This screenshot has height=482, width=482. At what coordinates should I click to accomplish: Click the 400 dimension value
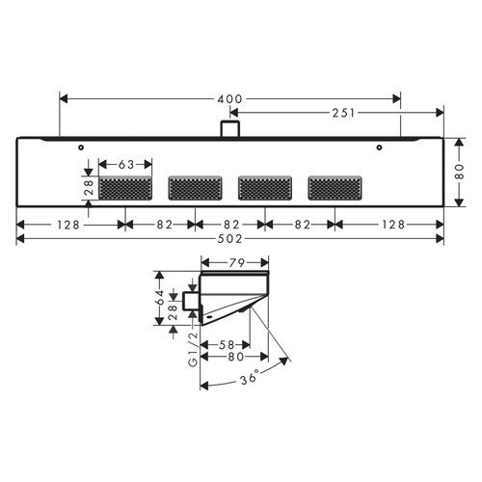tap(229, 98)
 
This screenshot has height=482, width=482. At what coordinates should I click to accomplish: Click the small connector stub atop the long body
tap(229, 128)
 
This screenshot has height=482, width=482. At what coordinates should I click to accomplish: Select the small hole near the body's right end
tap(379, 147)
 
